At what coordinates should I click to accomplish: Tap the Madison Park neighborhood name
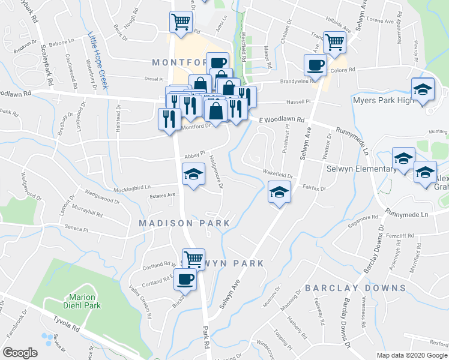point(184,223)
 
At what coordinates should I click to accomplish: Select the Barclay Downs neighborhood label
point(355,288)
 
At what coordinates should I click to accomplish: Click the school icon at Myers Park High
point(423,89)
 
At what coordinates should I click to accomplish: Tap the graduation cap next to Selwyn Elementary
point(403,158)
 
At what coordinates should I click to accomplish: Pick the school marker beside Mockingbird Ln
point(193,174)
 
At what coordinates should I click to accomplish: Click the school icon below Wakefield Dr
point(279,193)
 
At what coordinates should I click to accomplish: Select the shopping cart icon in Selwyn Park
point(193,259)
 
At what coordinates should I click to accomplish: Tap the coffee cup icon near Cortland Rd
point(185,279)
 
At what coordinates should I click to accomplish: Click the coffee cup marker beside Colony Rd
point(315,65)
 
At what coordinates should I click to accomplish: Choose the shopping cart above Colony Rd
point(334,43)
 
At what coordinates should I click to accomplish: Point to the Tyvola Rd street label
point(66,326)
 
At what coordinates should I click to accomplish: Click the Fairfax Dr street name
point(314,188)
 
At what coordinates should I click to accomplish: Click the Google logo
point(20,353)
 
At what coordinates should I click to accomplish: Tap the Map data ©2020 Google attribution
point(412,355)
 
